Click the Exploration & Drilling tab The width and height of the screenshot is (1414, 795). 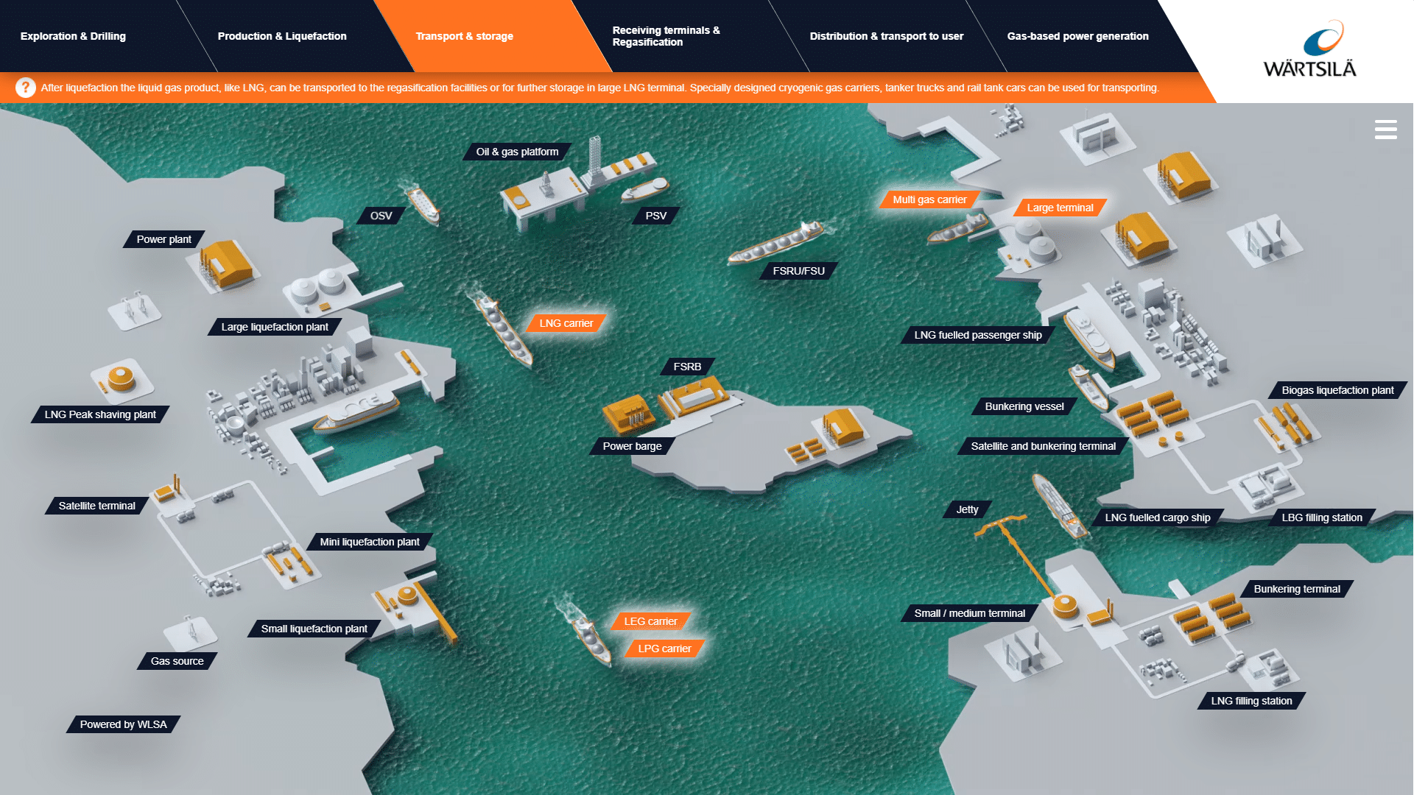[x=73, y=36]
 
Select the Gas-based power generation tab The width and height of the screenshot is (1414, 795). [x=1077, y=36]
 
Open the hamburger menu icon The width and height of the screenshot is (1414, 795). [x=1385, y=130]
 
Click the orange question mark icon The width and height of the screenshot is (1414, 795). [x=26, y=88]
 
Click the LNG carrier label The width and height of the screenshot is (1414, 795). [x=566, y=323]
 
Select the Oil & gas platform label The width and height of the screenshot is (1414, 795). [x=517, y=152]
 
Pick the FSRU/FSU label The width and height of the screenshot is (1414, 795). [x=798, y=271]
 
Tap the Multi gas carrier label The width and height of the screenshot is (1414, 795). [x=929, y=199]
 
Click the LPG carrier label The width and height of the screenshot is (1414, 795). [x=664, y=649]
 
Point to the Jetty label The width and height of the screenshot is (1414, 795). [x=967, y=509]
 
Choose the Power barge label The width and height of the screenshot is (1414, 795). [x=632, y=446]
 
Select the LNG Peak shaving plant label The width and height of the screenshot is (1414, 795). [x=100, y=414]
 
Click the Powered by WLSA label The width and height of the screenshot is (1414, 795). [x=123, y=724]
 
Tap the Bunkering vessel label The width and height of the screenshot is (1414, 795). [x=1024, y=406]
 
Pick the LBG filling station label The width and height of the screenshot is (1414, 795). [x=1321, y=517]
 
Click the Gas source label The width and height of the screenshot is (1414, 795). [x=177, y=661]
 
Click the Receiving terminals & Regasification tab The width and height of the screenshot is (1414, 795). [x=666, y=36]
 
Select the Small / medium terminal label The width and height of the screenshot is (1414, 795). [x=969, y=613]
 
